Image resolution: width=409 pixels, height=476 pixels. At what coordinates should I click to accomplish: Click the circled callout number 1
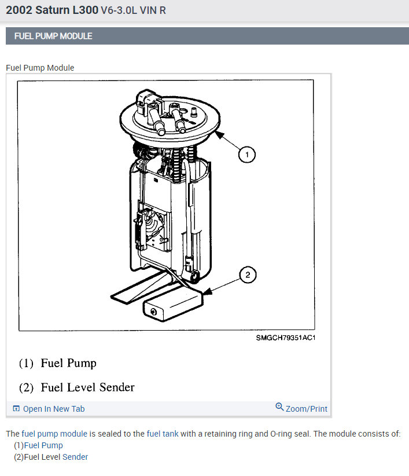pyautogui.click(x=247, y=155)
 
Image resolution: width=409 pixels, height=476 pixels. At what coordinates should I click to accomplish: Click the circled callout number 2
pyautogui.click(x=248, y=274)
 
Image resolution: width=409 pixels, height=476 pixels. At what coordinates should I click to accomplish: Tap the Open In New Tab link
pyautogui.click(x=54, y=409)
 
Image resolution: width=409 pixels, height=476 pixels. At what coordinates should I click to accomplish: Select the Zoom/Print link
pyautogui.click(x=306, y=409)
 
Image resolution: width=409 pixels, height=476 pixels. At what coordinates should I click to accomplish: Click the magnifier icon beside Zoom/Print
pyautogui.click(x=279, y=407)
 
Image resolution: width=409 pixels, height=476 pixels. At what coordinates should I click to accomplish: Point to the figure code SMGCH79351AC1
pyautogui.click(x=286, y=338)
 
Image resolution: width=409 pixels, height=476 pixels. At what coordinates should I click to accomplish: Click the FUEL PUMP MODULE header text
pyautogui.click(x=53, y=36)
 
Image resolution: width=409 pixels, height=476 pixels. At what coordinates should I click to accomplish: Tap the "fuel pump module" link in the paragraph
pyautogui.click(x=54, y=434)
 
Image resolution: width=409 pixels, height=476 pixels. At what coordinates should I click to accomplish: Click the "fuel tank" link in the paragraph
pyautogui.click(x=163, y=434)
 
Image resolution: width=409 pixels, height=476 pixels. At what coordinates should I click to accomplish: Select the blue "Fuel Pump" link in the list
pyautogui.click(x=43, y=445)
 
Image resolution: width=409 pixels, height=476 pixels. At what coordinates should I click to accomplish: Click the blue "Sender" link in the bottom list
pyautogui.click(x=75, y=457)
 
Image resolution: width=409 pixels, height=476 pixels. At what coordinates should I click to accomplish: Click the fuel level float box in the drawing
pyautogui.click(x=172, y=305)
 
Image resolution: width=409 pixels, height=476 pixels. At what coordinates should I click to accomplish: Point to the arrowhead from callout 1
pyautogui.click(x=219, y=135)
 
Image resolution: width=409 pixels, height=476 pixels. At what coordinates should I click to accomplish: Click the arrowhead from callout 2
pyautogui.click(x=207, y=292)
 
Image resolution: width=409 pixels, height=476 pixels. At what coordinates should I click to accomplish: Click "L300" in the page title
pyautogui.click(x=85, y=10)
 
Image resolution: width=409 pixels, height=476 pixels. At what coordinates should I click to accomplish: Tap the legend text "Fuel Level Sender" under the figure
pyautogui.click(x=87, y=387)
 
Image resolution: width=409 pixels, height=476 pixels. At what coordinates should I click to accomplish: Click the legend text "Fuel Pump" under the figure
pyautogui.click(x=68, y=363)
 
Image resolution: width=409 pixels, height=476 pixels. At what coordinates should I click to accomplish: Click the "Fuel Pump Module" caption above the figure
pyautogui.click(x=40, y=68)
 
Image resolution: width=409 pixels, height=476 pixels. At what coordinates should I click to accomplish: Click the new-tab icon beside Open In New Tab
pyautogui.click(x=16, y=409)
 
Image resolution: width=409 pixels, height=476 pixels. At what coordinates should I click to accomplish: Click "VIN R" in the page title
pyautogui.click(x=153, y=10)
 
